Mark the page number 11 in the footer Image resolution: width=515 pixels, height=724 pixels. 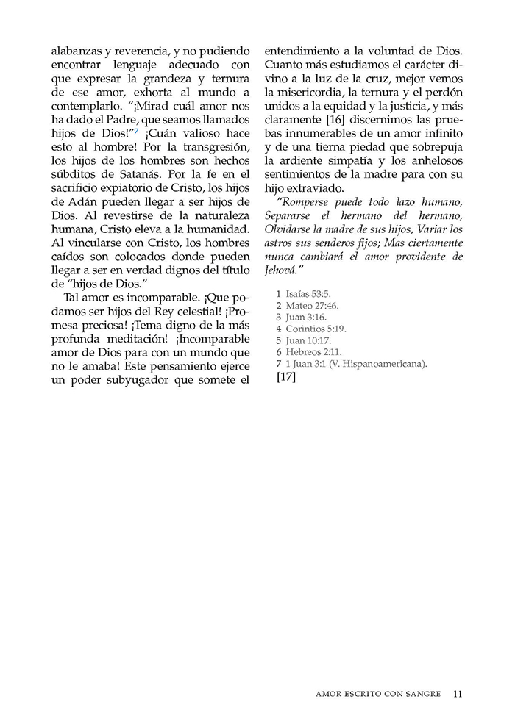pos(458,692)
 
